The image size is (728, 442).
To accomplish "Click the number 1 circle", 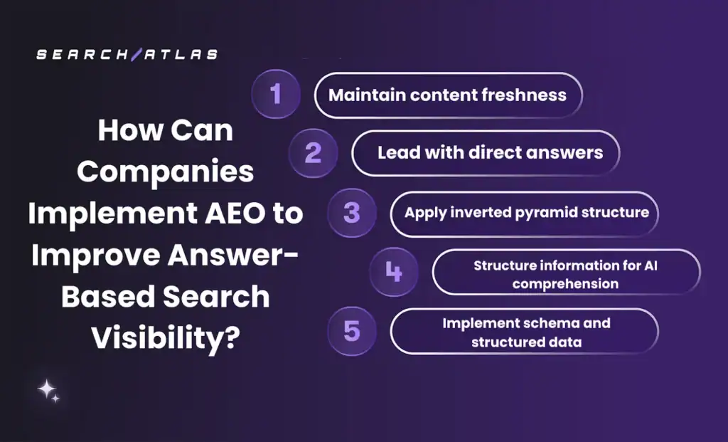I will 276,95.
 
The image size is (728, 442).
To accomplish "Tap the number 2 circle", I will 313,153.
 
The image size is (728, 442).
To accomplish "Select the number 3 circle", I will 351,213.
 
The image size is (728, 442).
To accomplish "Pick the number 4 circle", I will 393,272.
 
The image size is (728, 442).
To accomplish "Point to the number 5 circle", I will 351,331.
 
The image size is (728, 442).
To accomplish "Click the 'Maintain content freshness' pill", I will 448,95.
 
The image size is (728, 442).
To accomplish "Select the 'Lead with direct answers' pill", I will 486,153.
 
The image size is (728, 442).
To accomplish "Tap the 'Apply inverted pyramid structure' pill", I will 525,213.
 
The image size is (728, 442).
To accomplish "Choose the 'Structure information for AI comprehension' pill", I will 566,273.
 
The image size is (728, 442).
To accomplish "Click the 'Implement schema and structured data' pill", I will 525,332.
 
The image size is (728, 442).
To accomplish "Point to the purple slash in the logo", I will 134,54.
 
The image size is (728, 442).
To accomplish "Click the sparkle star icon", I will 48,390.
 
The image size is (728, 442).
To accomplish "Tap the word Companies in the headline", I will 165,172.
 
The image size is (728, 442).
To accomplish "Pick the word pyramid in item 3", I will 551,213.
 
